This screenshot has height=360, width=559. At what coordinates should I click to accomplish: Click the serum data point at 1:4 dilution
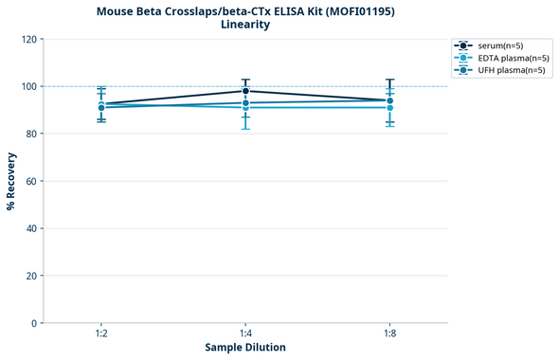coord(245,91)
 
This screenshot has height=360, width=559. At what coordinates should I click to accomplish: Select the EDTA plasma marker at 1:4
coord(245,108)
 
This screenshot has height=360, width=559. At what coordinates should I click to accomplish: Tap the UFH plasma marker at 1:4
coord(245,102)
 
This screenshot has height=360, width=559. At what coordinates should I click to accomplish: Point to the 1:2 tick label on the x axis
coord(100,334)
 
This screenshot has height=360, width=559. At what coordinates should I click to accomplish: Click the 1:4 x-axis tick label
coord(245,334)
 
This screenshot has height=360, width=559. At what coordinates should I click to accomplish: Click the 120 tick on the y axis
coord(27,40)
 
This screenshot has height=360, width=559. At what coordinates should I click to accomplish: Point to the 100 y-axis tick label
coord(27,87)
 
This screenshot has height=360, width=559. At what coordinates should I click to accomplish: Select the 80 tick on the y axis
coord(30,135)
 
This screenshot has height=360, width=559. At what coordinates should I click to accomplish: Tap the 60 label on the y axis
coord(30,182)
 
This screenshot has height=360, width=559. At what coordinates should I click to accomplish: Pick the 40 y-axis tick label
coord(30,229)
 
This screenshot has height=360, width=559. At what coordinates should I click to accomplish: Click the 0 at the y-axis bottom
coord(33,324)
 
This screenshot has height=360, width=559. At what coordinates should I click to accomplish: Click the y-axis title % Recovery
coord(11,181)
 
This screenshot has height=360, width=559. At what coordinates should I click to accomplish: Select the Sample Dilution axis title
coord(245,348)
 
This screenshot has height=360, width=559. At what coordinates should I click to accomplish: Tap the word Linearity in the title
coord(245,25)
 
